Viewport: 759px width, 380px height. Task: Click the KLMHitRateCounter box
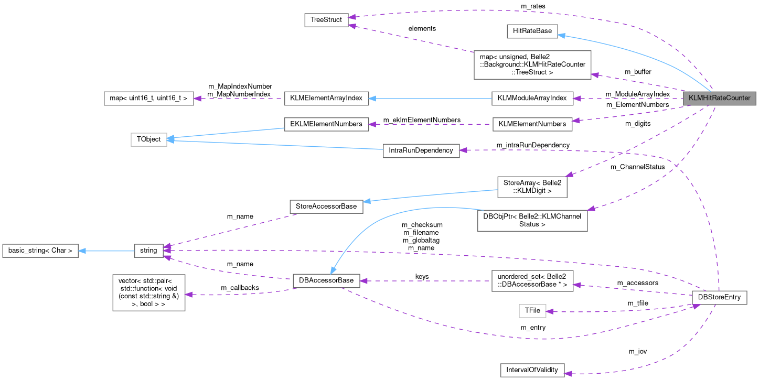click(x=719, y=98)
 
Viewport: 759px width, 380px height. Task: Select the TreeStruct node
click(x=326, y=20)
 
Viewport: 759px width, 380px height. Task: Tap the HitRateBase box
click(x=532, y=31)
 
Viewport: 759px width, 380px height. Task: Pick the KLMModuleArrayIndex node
click(x=532, y=98)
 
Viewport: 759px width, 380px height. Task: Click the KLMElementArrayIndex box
click(x=326, y=98)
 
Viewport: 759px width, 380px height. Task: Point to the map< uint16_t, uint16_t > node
click(x=149, y=98)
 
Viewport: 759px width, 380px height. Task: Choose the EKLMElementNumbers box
click(x=326, y=124)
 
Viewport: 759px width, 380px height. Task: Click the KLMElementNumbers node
click(x=532, y=124)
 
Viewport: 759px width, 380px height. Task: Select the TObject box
click(x=149, y=139)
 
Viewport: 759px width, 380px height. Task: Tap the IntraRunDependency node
click(x=421, y=150)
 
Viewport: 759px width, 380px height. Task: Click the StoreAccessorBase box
click(x=326, y=207)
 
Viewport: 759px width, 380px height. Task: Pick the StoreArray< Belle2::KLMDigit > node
click(x=532, y=187)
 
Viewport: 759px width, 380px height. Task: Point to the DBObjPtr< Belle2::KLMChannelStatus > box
click(x=532, y=220)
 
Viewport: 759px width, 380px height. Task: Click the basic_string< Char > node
click(x=40, y=251)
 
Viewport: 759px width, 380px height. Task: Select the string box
click(x=149, y=251)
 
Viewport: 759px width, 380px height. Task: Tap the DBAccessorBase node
click(x=326, y=281)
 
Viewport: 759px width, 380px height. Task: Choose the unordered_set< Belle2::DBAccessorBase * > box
click(x=532, y=281)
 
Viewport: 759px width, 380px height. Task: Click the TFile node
click(x=532, y=311)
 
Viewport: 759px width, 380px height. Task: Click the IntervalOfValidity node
click(x=532, y=370)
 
